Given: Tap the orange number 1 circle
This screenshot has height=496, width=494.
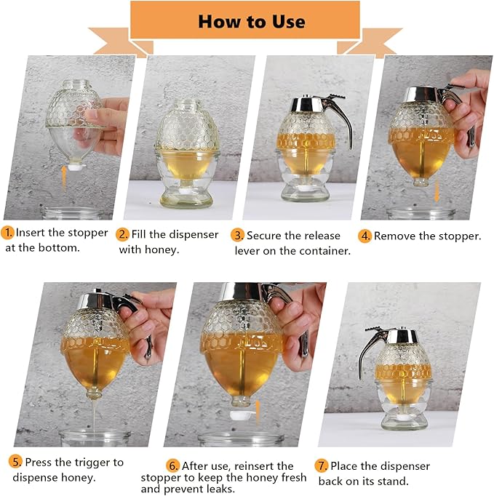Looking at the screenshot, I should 8,233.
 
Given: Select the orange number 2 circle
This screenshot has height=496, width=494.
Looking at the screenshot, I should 124,234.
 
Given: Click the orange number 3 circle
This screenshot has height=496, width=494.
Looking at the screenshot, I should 238,236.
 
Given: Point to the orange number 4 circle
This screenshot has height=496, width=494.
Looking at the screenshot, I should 365,236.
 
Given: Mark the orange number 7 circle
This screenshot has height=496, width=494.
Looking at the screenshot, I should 321,465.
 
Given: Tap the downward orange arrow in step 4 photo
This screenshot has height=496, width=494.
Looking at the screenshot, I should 437,192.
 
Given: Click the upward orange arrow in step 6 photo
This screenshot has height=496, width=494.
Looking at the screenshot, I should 256,410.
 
